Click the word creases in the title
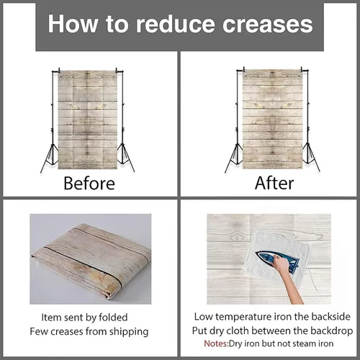click(x=268, y=24)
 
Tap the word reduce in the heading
click(x=175, y=24)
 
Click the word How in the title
click(x=73, y=24)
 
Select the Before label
click(x=89, y=184)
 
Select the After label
click(x=274, y=184)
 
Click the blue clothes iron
click(x=279, y=261)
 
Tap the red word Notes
click(x=216, y=343)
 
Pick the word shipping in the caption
click(x=129, y=332)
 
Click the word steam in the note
click(x=302, y=343)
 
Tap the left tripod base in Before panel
click(x=50, y=157)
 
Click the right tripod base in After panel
click(x=311, y=157)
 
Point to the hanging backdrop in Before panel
click(x=88, y=120)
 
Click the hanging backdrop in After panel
click(x=272, y=120)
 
